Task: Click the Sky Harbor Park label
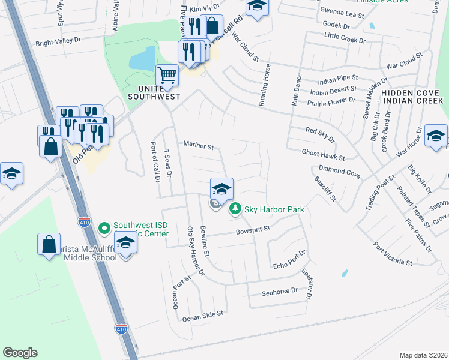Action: point(273,209)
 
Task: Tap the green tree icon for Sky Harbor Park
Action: point(235,209)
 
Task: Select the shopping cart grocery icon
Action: point(167,76)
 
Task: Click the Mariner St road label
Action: point(199,145)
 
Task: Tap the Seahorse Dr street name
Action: point(280,291)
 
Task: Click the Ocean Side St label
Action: point(203,313)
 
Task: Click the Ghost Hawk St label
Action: point(324,155)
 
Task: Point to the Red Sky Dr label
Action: point(319,134)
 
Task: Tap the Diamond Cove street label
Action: point(339,172)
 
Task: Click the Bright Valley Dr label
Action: point(61,43)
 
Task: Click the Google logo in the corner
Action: point(20,353)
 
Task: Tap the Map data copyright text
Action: point(423,355)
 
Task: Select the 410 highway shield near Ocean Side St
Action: point(120,328)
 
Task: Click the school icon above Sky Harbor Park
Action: point(221,188)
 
